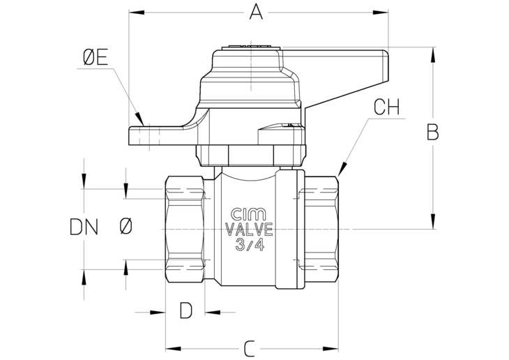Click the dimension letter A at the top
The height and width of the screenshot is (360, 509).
256,13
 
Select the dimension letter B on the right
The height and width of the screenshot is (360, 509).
432,133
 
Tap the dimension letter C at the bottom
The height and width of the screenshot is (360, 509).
250,349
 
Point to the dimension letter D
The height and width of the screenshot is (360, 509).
186,310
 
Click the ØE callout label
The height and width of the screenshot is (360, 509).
96,58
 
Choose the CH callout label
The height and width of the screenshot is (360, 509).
386,107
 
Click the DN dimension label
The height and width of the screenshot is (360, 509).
84,227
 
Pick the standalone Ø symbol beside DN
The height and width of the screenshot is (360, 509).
126,226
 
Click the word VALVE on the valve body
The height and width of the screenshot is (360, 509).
250,230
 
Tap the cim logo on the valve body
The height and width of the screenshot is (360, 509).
249,213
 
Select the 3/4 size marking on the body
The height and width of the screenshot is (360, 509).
250,244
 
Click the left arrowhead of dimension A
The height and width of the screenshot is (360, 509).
137,13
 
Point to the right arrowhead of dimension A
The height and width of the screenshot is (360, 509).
381,13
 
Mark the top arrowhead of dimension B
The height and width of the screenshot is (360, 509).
432,55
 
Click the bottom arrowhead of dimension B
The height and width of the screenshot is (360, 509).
432,221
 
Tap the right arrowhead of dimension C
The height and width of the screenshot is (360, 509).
331,349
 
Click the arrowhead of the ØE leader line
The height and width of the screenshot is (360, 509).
140,119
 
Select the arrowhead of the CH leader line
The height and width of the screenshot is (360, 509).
342,169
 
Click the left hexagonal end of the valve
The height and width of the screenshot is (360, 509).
185,229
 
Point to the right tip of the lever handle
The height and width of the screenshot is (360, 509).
388,52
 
